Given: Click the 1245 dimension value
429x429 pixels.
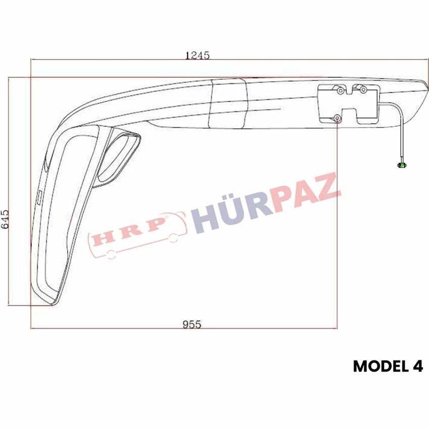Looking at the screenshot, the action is (197, 56).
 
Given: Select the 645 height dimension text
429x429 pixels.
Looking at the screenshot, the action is (5, 219).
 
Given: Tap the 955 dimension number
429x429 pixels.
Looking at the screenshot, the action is (192, 325).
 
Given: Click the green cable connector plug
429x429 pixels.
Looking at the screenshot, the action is (402, 165).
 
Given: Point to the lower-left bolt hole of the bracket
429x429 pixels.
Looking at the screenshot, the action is (338, 119).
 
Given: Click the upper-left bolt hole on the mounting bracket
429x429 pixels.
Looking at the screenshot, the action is (341, 90).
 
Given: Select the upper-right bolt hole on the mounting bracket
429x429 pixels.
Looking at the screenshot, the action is (363, 89).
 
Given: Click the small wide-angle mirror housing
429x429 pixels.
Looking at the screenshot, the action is (119, 158).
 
